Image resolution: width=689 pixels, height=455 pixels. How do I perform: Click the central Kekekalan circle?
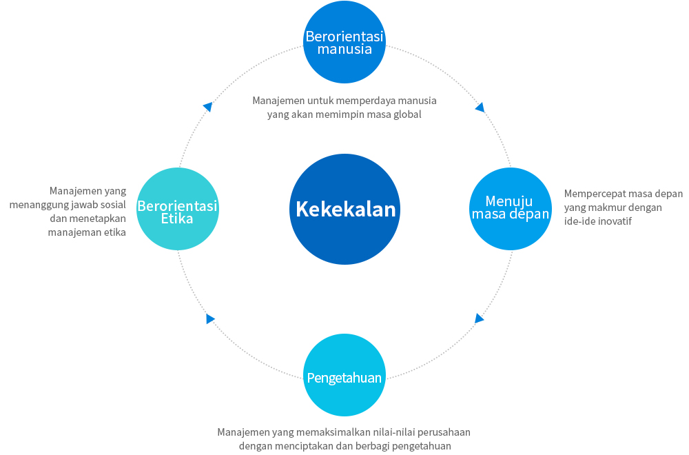pyautogui.click(x=344, y=209)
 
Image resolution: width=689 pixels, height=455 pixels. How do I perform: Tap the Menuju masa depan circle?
pyautogui.click(x=510, y=208)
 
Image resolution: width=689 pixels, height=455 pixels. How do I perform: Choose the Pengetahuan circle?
pyautogui.click(x=344, y=376)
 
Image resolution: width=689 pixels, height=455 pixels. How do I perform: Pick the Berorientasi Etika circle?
pyautogui.click(x=178, y=208)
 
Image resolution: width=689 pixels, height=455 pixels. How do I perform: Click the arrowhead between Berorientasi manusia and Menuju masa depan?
pyautogui.click(x=480, y=108)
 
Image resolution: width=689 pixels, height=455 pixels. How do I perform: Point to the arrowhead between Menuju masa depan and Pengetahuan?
pyautogui.click(x=480, y=318)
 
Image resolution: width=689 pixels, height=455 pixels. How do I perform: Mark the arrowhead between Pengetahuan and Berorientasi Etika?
pyautogui.click(x=210, y=318)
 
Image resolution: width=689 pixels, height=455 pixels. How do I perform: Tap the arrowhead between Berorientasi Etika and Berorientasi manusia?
pyautogui.click(x=207, y=107)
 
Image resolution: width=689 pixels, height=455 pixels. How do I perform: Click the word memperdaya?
pyautogui.click(x=363, y=101)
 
